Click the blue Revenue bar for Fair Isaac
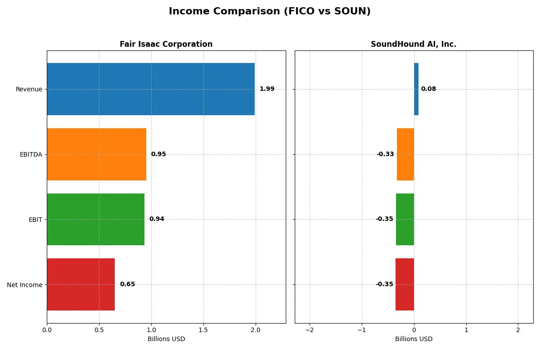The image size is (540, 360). (151, 89)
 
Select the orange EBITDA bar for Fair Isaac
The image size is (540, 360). (96, 154)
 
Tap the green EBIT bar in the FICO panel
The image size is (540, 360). (95, 219)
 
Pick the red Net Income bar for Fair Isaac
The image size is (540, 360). (81, 284)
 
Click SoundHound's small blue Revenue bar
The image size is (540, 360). (416, 89)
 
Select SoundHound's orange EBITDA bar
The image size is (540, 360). (405, 154)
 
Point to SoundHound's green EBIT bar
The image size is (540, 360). (405, 219)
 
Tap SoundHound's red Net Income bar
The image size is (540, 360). (405, 284)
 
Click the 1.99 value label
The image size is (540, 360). (267, 89)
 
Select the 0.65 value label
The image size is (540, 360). (127, 284)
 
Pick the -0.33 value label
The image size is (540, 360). (385, 154)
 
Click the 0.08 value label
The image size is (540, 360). (428, 89)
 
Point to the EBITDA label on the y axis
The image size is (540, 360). (31, 154)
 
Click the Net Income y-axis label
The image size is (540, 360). (24, 284)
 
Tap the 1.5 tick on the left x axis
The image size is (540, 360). (203, 330)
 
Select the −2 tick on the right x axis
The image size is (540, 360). (310, 330)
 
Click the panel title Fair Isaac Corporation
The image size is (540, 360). (166, 44)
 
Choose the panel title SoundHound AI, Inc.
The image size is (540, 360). (414, 44)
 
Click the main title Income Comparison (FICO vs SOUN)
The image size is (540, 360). (270, 11)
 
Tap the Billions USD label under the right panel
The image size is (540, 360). (414, 339)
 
